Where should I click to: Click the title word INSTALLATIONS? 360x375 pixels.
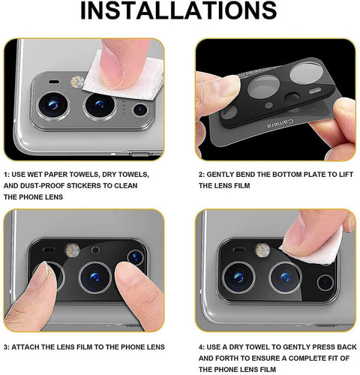(x=178, y=10)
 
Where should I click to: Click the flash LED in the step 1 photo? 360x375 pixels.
(x=76, y=82)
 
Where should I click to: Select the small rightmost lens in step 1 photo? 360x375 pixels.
(x=140, y=109)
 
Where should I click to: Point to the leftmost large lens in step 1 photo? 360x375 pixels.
(x=53, y=105)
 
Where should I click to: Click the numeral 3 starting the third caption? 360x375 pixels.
(x=5, y=347)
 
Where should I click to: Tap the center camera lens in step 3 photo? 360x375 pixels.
(x=95, y=277)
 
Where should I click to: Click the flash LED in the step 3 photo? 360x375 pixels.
(x=73, y=250)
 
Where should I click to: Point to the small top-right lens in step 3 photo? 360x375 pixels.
(x=135, y=257)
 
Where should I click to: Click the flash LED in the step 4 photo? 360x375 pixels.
(x=262, y=250)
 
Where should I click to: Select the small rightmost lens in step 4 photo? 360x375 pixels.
(x=325, y=283)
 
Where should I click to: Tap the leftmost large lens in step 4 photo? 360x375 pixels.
(x=238, y=277)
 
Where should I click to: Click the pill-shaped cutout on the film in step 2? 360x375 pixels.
(x=316, y=90)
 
